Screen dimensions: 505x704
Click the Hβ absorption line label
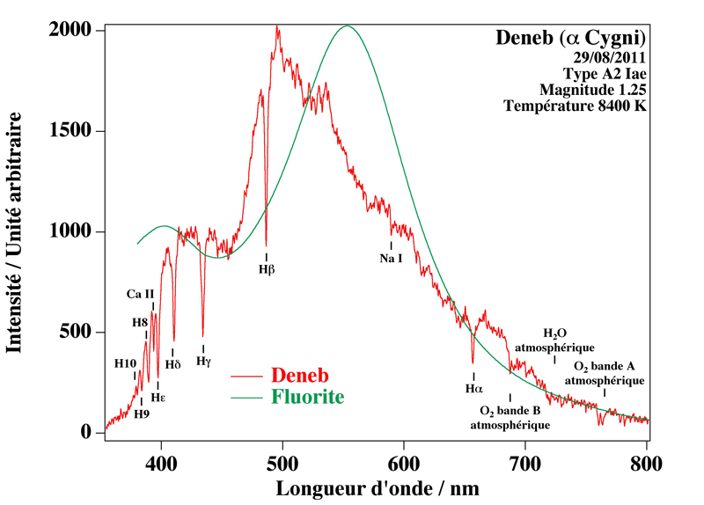(x=267, y=267)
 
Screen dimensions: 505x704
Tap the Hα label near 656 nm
(x=474, y=388)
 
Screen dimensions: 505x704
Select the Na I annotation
(x=391, y=259)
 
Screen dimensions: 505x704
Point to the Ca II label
(x=141, y=294)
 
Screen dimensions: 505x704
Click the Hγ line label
(x=203, y=361)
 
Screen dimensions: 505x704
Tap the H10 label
(x=125, y=363)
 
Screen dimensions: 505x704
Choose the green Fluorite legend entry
(x=308, y=397)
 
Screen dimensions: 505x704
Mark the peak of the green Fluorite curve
(x=348, y=26)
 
